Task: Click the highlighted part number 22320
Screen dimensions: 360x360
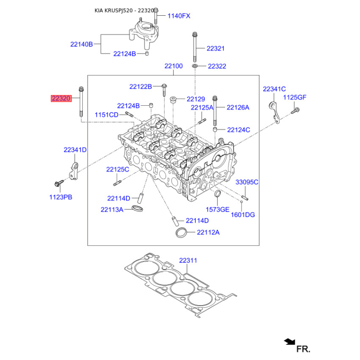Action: [61, 98]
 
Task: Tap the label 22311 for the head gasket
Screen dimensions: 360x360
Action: [188, 260]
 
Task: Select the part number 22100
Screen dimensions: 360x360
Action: [173, 66]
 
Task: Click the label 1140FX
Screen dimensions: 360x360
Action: [179, 16]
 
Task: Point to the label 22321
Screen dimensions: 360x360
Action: [216, 48]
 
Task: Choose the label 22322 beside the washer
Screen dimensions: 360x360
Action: [217, 66]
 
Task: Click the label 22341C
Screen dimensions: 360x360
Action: [274, 90]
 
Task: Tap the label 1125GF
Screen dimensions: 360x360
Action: [295, 97]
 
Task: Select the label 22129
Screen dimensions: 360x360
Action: [196, 99]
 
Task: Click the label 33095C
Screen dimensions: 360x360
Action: [247, 182]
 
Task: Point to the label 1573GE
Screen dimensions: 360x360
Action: [218, 209]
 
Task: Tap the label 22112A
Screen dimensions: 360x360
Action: [208, 232]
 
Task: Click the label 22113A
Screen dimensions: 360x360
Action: [112, 209]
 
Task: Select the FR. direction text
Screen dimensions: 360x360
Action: [303, 348]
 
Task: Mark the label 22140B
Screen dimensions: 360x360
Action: [81, 44]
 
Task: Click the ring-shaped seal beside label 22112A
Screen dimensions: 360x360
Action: [181, 233]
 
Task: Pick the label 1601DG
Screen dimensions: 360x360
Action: [243, 215]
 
